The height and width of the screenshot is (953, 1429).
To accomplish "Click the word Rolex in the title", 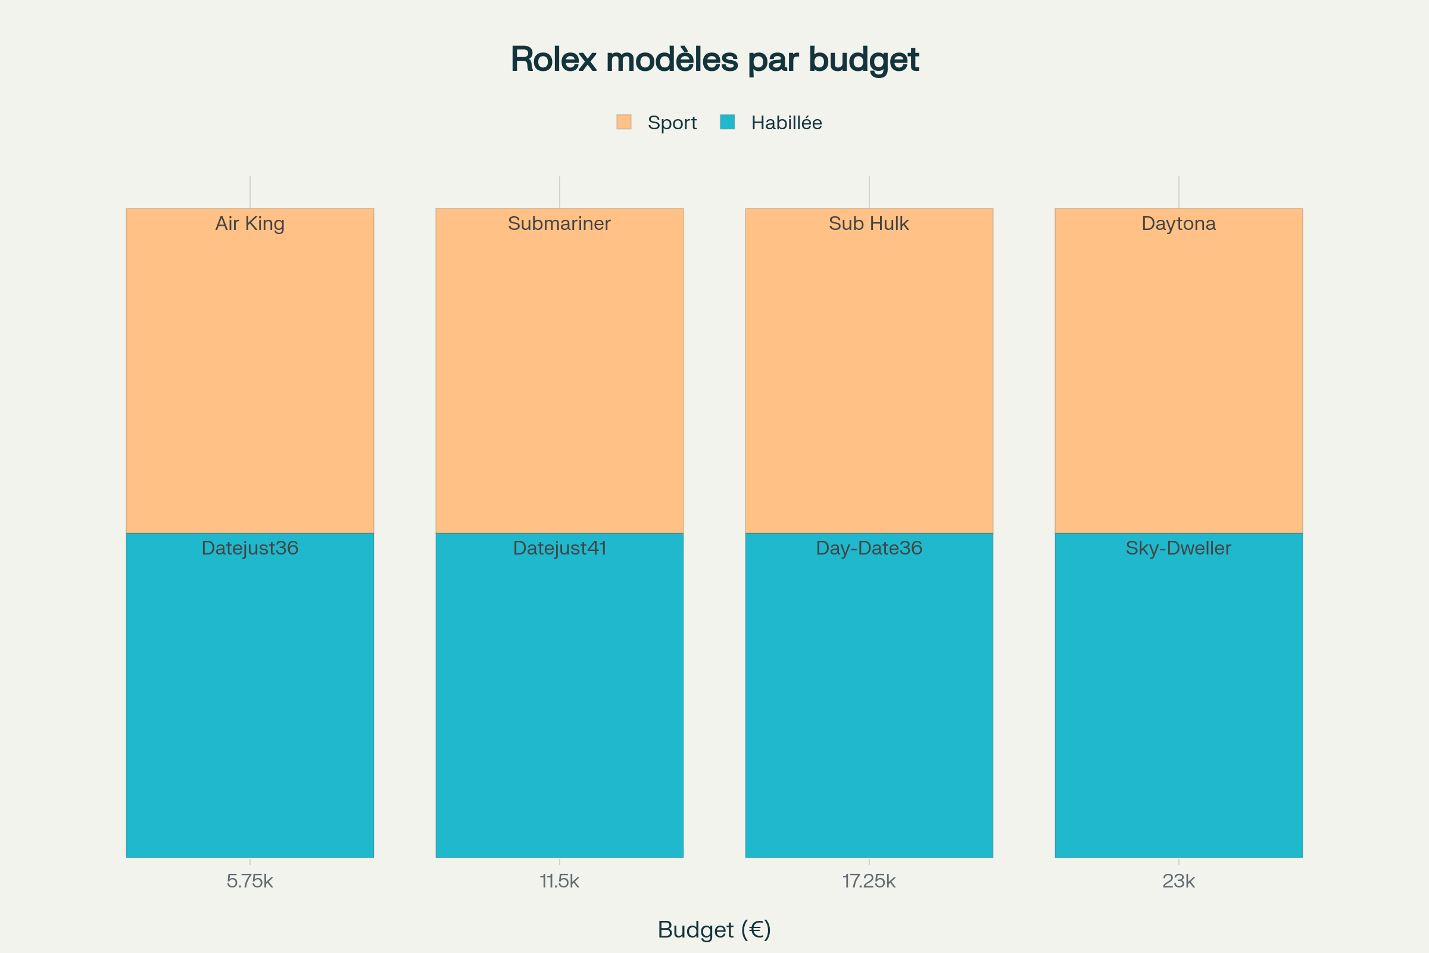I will (x=553, y=60).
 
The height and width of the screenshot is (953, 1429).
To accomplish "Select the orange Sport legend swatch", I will (x=624, y=122).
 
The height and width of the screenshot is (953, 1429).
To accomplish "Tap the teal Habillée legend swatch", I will (x=727, y=122).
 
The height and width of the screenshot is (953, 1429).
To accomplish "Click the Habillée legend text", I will (x=786, y=123).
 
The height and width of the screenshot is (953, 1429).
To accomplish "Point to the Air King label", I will (x=249, y=224).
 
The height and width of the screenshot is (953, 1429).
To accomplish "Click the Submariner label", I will (x=559, y=224).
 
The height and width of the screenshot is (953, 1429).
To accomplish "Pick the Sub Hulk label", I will (x=869, y=224).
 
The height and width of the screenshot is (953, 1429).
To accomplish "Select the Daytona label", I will (x=1179, y=224).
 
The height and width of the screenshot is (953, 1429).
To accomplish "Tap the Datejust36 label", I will (x=249, y=548).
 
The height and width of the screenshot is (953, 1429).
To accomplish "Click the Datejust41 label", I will (x=560, y=548).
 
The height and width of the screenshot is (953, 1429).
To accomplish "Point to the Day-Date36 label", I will (x=869, y=548).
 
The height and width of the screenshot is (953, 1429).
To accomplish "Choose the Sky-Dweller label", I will (x=1178, y=548).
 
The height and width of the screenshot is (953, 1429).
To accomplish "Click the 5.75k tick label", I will (x=249, y=881).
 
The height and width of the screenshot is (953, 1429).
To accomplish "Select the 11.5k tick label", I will (x=560, y=881).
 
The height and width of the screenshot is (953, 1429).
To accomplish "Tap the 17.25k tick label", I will (x=869, y=881).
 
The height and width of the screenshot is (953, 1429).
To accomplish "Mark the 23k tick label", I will (x=1179, y=881).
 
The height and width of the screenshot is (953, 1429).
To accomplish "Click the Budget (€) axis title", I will (x=714, y=930).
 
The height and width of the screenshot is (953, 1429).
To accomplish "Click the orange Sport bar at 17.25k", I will (x=869, y=377).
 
